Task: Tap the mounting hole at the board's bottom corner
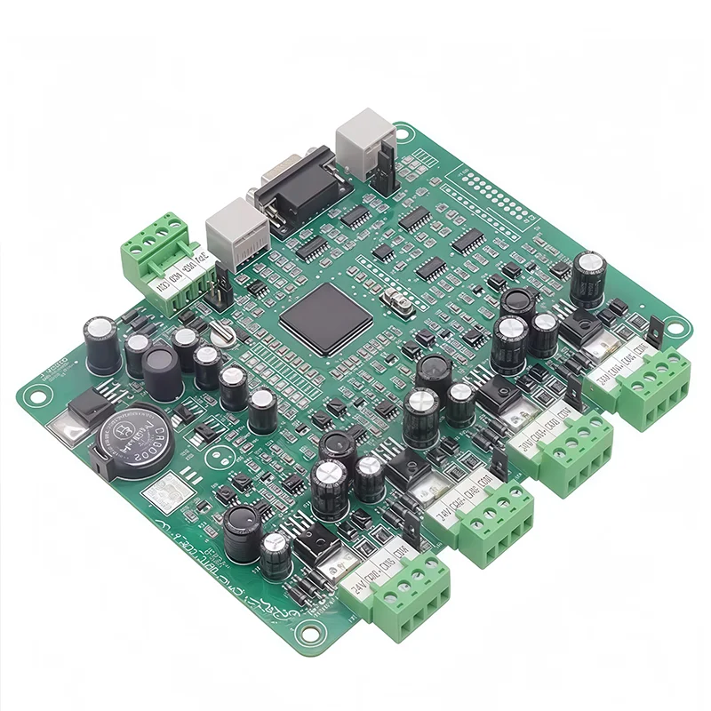pos(314,633)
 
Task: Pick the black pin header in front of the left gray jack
pos(217,286)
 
